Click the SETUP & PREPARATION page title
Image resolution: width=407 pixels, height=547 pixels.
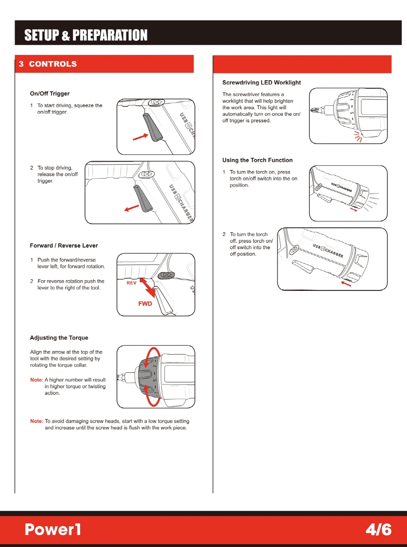click(x=86, y=35)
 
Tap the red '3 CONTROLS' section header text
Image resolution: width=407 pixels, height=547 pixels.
click(x=48, y=64)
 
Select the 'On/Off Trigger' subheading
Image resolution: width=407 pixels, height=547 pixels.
click(x=50, y=94)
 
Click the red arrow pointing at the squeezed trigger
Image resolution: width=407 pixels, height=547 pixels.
click(x=140, y=137)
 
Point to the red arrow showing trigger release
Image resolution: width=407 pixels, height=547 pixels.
click(x=131, y=208)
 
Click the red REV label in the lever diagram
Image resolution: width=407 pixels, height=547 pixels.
click(x=131, y=283)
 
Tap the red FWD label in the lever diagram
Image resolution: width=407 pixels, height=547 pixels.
click(x=145, y=303)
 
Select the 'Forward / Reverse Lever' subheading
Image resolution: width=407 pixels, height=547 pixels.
click(x=64, y=246)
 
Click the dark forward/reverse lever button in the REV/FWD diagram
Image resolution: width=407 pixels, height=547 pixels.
click(x=166, y=275)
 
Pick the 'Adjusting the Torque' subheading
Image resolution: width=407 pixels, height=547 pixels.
click(x=59, y=338)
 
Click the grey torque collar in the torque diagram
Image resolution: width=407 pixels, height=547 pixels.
click(x=148, y=377)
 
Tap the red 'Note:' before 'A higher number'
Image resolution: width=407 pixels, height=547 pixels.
click(x=37, y=380)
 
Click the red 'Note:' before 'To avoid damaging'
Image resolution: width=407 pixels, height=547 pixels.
click(x=37, y=421)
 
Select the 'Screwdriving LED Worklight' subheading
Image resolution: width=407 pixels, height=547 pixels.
click(x=262, y=83)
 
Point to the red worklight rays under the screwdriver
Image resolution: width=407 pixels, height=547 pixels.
click(x=358, y=136)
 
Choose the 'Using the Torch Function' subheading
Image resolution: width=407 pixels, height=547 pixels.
click(x=257, y=160)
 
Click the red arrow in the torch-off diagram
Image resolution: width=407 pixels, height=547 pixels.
click(x=346, y=284)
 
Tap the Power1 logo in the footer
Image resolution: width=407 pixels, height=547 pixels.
click(x=53, y=529)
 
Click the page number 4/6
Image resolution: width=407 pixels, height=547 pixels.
click(x=379, y=529)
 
